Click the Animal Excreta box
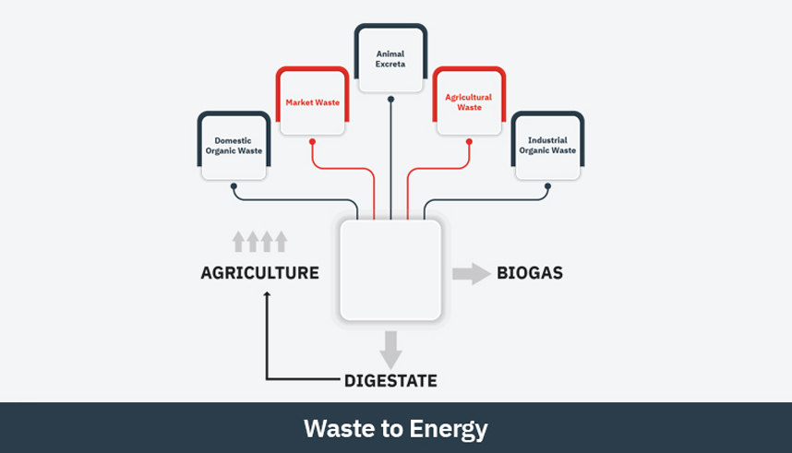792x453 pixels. pyautogui.click(x=391, y=59)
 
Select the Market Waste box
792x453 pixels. pyautogui.click(x=312, y=101)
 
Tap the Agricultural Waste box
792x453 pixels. pyautogui.click(x=469, y=101)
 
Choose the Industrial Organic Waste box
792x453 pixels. pyautogui.click(x=546, y=146)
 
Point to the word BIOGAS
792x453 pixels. pyautogui.click(x=530, y=273)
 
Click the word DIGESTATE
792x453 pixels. pyautogui.click(x=390, y=380)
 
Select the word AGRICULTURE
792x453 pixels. pyautogui.click(x=260, y=273)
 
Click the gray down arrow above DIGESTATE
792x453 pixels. pyautogui.click(x=390, y=349)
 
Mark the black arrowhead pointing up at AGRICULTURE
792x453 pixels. pyautogui.click(x=268, y=296)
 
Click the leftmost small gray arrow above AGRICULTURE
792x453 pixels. pyautogui.click(x=238, y=242)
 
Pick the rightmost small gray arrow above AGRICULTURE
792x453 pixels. pyautogui.click(x=282, y=242)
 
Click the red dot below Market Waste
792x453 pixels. pyautogui.click(x=312, y=142)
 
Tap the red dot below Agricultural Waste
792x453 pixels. pyautogui.click(x=469, y=142)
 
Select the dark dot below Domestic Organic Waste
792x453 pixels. pyautogui.click(x=234, y=186)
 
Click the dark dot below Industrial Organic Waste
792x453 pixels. pyautogui.click(x=547, y=186)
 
